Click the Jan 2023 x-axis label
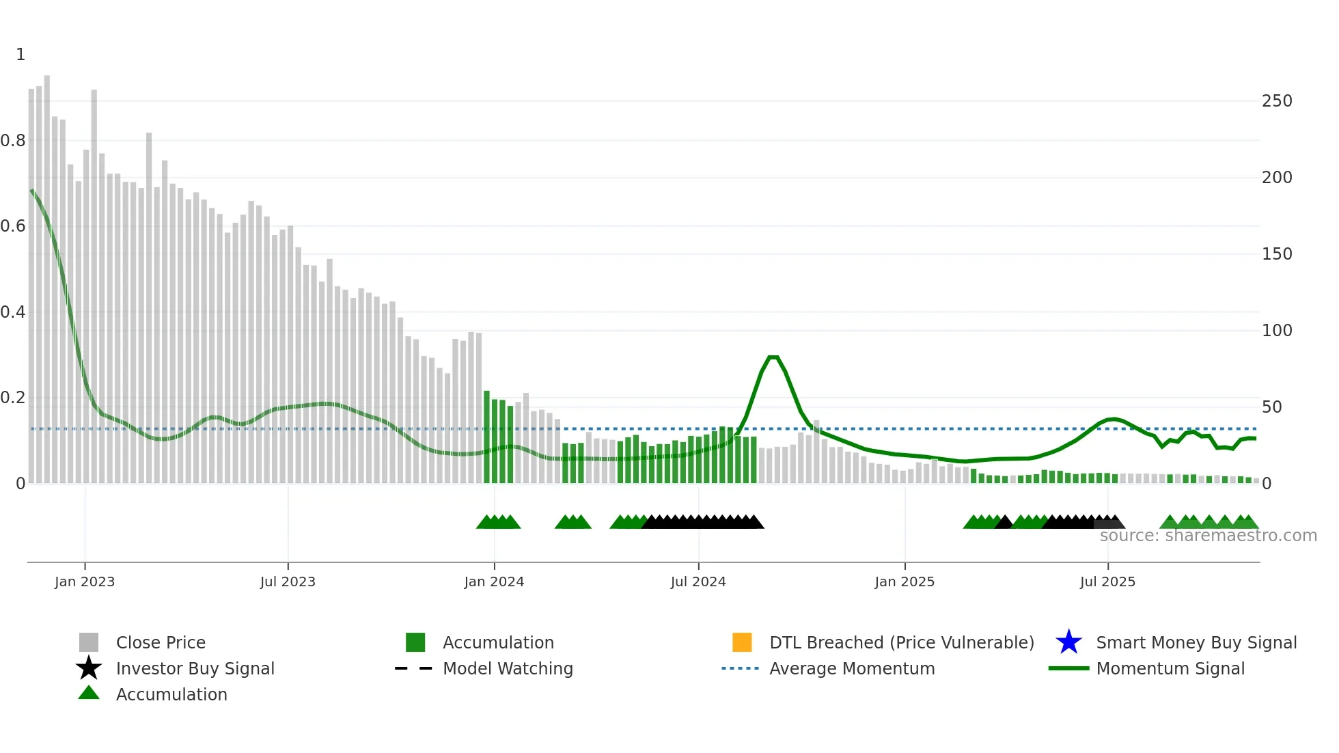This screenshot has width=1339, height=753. coord(85,581)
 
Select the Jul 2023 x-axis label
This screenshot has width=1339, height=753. coord(288,581)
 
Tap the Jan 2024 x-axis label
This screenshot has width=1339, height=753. coord(494,581)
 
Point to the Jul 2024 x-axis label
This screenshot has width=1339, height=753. coord(698,581)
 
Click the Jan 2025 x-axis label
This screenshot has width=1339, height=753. coord(905,581)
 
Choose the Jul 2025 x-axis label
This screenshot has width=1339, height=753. coord(1107,581)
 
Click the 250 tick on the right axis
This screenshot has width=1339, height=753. coord(1277,101)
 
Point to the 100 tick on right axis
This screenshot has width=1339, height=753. coord(1277,331)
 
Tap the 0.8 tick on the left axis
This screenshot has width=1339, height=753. coord(13,141)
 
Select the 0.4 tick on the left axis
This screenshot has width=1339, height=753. coord(13,312)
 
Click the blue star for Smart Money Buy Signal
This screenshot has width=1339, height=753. coord(1068,642)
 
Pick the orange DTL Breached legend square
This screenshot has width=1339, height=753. coord(742,642)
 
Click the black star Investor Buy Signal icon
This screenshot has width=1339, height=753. coord(89,668)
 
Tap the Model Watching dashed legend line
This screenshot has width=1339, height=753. coord(414,668)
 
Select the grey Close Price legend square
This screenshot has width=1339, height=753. coord(89,642)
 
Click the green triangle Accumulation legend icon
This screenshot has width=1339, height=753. coord(89,694)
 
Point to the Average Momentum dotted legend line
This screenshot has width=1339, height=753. coord(741,668)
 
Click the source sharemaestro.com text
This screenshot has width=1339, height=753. coord(1208,536)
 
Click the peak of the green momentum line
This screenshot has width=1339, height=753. coord(773,357)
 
